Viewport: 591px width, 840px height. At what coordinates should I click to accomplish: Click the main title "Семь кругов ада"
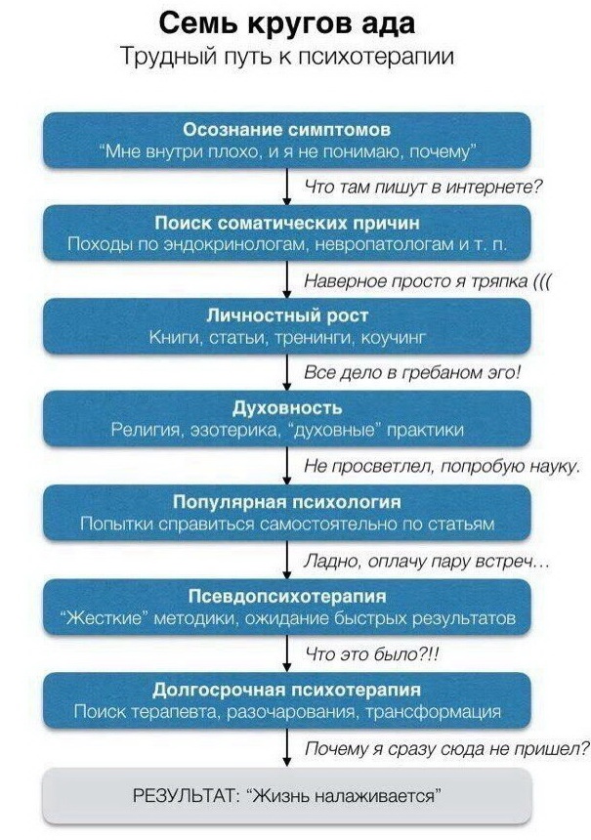[x=287, y=23]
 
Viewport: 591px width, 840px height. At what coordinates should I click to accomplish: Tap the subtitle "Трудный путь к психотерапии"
[x=287, y=57]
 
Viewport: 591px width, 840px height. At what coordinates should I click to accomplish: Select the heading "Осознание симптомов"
[x=287, y=130]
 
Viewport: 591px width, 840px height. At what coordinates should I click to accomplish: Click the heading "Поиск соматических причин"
[x=287, y=223]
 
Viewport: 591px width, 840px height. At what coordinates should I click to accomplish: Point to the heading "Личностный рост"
[x=287, y=315]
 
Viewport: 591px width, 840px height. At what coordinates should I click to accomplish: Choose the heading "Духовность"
[x=287, y=408]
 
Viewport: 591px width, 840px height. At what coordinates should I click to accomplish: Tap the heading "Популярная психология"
[x=287, y=502]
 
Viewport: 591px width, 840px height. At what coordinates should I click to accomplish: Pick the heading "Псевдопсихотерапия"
[x=287, y=596]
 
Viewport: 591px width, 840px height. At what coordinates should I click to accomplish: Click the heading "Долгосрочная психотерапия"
[x=287, y=689]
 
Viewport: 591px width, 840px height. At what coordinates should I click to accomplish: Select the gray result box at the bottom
[x=287, y=795]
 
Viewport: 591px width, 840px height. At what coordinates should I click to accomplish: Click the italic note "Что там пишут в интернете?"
[x=424, y=187]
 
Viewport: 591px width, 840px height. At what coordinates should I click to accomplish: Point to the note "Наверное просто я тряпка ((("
[x=428, y=280]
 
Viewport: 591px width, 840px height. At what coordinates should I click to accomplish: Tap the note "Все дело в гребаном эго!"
[x=412, y=372]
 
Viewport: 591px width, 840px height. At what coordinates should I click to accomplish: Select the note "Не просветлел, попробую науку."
[x=443, y=466]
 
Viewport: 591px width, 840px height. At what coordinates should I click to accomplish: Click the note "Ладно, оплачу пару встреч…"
[x=427, y=561]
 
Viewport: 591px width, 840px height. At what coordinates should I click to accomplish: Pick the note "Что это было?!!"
[x=372, y=653]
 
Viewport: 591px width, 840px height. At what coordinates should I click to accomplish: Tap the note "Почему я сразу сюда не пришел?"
[x=446, y=748]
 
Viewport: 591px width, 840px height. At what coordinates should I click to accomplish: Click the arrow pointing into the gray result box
[x=287, y=748]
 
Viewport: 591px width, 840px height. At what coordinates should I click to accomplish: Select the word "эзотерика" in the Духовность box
[x=234, y=430]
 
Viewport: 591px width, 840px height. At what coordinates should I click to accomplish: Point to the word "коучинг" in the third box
[x=394, y=338]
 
